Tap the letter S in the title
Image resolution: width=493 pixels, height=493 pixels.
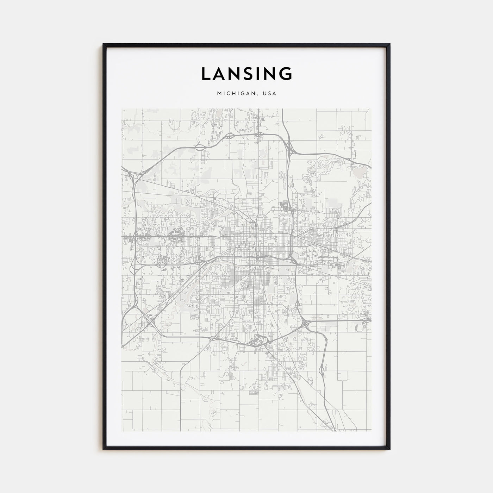point(250,74)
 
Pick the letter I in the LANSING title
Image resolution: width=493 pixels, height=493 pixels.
point(261,74)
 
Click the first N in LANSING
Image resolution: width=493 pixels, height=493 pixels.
point(236,74)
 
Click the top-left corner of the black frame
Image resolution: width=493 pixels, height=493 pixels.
point(104,44)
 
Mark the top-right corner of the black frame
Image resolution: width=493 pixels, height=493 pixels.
point(389,44)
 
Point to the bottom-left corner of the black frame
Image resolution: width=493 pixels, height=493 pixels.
point(104,449)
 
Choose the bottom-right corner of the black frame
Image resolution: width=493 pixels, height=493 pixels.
point(389,449)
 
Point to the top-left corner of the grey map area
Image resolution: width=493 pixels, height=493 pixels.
point(122,109)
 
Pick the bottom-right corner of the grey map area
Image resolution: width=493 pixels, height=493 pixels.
point(371,431)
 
